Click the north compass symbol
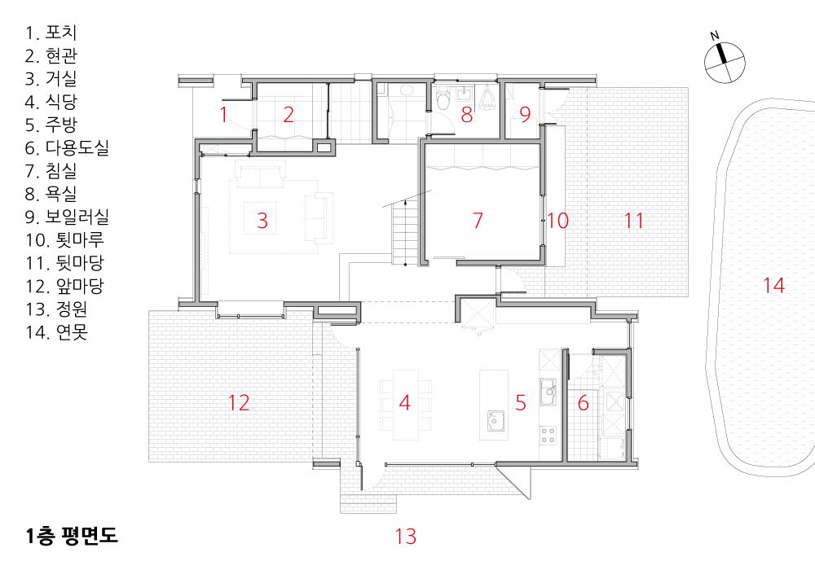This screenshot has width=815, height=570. click(x=725, y=61)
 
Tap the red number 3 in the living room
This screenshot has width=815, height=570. click(x=262, y=221)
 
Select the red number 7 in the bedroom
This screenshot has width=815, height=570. click(x=478, y=220)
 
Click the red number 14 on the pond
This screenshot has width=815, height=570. click(x=773, y=285)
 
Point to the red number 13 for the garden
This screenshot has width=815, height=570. click(x=405, y=537)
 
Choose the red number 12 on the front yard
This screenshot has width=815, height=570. click(x=239, y=403)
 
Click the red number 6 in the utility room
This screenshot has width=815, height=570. click(x=584, y=403)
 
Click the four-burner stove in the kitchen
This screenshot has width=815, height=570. click(x=548, y=435)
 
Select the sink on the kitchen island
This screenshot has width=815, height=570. click(x=496, y=421)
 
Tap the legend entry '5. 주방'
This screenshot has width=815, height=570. click(x=51, y=125)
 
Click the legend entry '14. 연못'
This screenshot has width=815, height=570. click(x=57, y=331)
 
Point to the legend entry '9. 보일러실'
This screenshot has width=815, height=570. click(x=67, y=217)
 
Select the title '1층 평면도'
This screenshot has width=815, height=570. click(x=72, y=535)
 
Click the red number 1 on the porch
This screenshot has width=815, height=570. click(x=223, y=115)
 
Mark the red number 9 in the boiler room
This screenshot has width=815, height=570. click(x=525, y=114)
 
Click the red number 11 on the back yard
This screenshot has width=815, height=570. click(x=633, y=221)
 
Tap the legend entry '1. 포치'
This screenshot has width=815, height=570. click(x=51, y=33)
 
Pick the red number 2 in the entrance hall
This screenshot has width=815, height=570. click(x=289, y=115)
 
